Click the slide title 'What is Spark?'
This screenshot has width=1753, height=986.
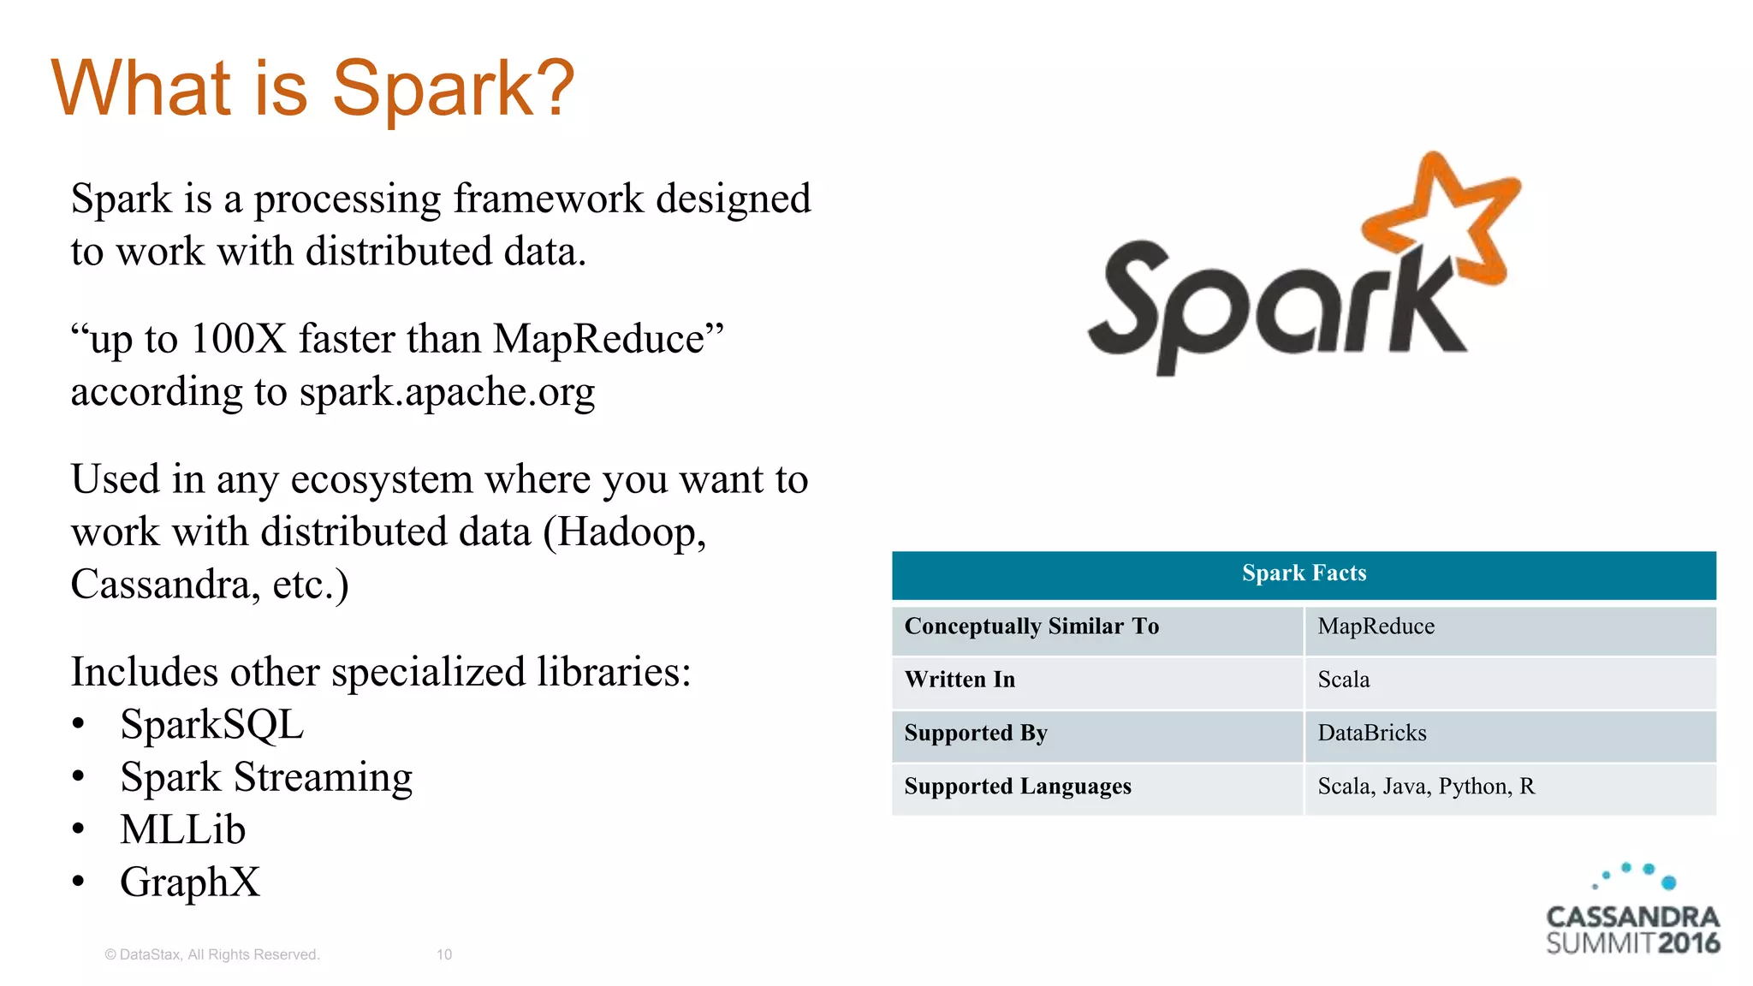[312, 88]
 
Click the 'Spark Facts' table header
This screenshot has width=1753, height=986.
[1304, 573]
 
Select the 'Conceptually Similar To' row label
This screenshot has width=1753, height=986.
[1031, 627]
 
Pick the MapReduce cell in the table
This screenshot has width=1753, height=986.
[1376, 627]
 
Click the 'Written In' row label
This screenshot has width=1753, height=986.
[960, 680]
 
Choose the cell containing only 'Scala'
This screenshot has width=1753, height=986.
[1343, 680]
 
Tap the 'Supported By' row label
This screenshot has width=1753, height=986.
[976, 734]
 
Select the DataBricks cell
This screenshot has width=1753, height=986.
[1371, 734]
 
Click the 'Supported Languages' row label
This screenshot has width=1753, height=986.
[1017, 787]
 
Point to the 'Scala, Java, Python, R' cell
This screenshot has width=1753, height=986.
[1425, 787]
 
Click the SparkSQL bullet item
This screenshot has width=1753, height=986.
[211, 725]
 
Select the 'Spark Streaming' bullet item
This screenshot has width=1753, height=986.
[266, 778]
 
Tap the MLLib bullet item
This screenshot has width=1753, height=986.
[182, 830]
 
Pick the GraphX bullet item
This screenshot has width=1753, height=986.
[189, 882]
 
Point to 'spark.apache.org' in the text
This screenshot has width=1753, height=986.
[447, 393]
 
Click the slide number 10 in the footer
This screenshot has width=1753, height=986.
[443, 954]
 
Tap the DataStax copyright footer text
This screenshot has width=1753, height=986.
[211, 954]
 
